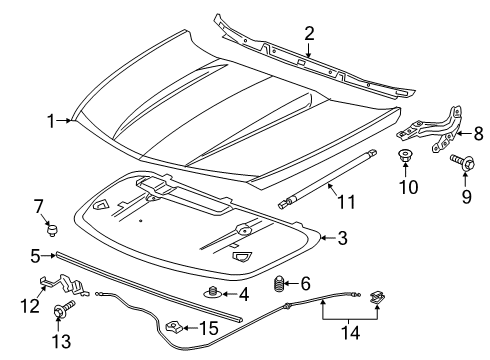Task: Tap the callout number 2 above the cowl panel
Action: tap(309, 34)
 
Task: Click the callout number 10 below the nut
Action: tap(405, 187)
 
